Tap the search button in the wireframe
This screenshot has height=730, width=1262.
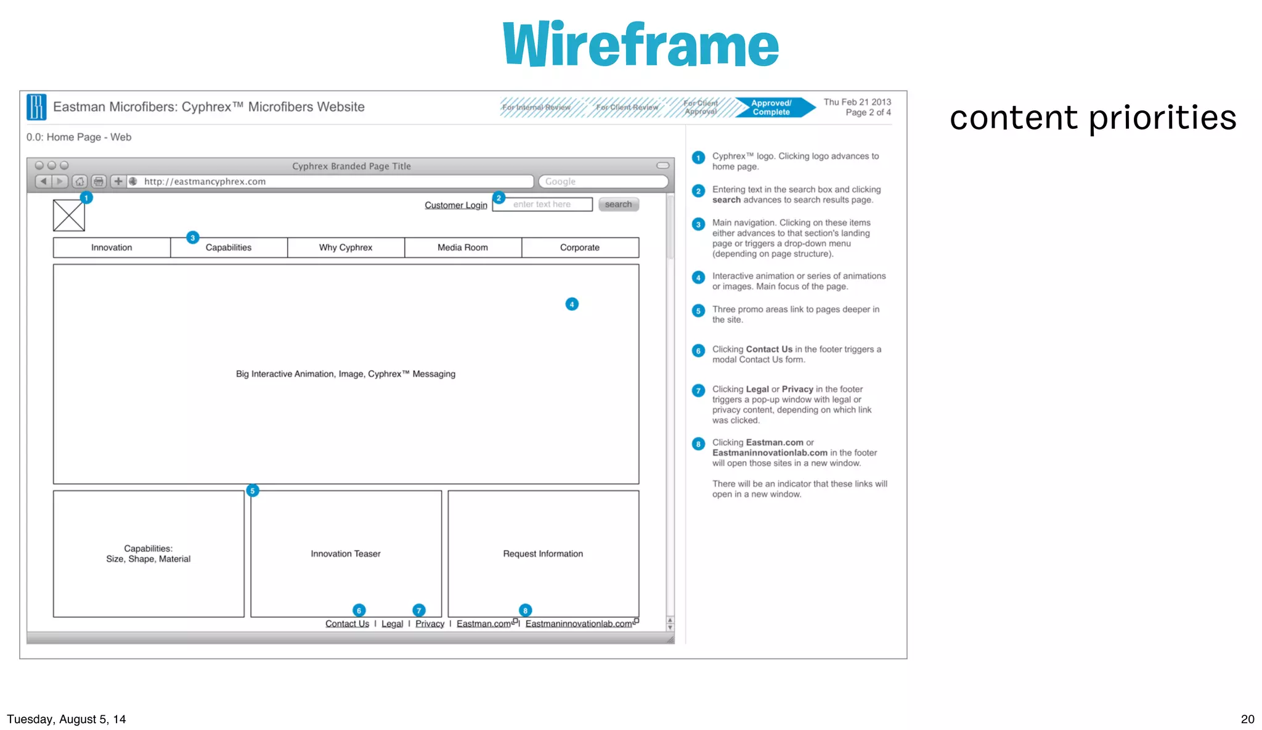618,205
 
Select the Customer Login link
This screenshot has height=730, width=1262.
455,205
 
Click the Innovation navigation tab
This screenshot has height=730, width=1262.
112,248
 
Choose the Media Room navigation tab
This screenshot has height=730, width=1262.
463,248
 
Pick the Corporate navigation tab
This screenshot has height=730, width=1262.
580,248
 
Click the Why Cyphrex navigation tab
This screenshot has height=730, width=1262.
346,248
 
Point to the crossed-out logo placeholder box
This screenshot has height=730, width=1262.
69,216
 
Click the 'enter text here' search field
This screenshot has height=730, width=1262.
542,205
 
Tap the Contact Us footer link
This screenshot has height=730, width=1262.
347,624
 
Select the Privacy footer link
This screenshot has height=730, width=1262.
429,624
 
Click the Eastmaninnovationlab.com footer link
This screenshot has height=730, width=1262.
579,624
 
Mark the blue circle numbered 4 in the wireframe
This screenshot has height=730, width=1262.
572,304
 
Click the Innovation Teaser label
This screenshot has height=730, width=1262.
346,554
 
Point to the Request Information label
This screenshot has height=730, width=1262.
543,554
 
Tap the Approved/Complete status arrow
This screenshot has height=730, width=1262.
773,108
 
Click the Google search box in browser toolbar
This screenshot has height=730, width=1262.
603,182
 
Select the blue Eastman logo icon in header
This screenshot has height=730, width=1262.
36,107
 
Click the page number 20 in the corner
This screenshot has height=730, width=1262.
1247,719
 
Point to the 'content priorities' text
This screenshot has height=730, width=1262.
1093,118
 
